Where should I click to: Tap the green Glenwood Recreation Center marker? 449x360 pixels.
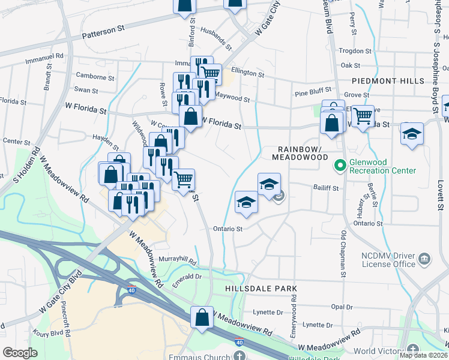tap(340, 163)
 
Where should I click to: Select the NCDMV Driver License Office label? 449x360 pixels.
tap(388, 259)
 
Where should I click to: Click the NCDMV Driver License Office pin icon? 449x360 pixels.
tap(424, 259)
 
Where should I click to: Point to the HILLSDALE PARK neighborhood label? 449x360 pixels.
tap(261, 289)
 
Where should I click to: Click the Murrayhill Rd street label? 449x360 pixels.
tap(177, 260)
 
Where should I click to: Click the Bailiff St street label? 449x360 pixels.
tap(326, 188)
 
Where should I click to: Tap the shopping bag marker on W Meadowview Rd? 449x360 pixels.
tap(202, 316)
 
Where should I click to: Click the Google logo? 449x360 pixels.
tap(20, 353)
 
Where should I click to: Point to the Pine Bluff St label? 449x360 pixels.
tap(310, 94)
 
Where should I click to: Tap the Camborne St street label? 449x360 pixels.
tap(95, 77)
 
